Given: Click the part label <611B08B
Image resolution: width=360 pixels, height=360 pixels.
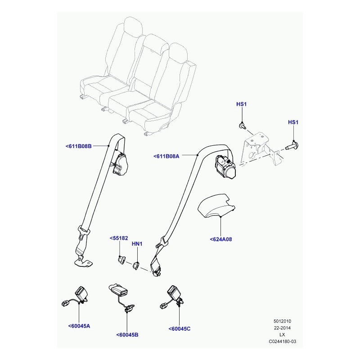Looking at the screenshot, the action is point(78,146).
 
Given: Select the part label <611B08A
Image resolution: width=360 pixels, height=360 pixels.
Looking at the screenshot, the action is point(166,156).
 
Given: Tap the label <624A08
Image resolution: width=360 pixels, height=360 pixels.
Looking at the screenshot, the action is point(221,239).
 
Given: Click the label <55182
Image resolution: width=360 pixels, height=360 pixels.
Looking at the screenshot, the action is point(119,238).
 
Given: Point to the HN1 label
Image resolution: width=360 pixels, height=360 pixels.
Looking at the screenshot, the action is point(137,244).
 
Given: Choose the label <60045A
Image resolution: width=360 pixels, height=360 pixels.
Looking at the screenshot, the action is point(79,326).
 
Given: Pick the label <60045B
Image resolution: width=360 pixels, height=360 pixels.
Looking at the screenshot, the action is point(127,335).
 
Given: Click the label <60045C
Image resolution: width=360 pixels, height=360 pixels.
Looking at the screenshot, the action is point(179,329).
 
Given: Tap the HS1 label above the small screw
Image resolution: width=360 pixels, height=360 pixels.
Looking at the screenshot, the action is point(241,104).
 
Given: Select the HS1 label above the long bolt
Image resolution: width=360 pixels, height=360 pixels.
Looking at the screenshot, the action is point(293,122).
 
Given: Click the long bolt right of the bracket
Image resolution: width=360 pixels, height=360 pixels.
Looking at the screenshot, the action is point(292,145).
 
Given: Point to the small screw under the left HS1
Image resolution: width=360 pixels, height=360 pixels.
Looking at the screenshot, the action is point(242,126).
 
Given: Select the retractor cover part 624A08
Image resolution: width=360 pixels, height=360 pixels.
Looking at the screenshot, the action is point(216,206).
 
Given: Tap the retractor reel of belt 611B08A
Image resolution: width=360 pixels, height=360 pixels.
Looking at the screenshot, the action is point(225,166).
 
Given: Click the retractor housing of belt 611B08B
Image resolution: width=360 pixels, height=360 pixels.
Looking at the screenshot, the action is point(120,164).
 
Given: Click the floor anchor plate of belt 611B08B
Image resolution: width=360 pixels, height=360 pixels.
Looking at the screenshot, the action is point(83,262).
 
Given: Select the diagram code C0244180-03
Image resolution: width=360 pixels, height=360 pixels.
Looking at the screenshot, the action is point(283,342).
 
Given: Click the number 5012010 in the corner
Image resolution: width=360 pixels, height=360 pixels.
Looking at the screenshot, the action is point(282,321).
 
